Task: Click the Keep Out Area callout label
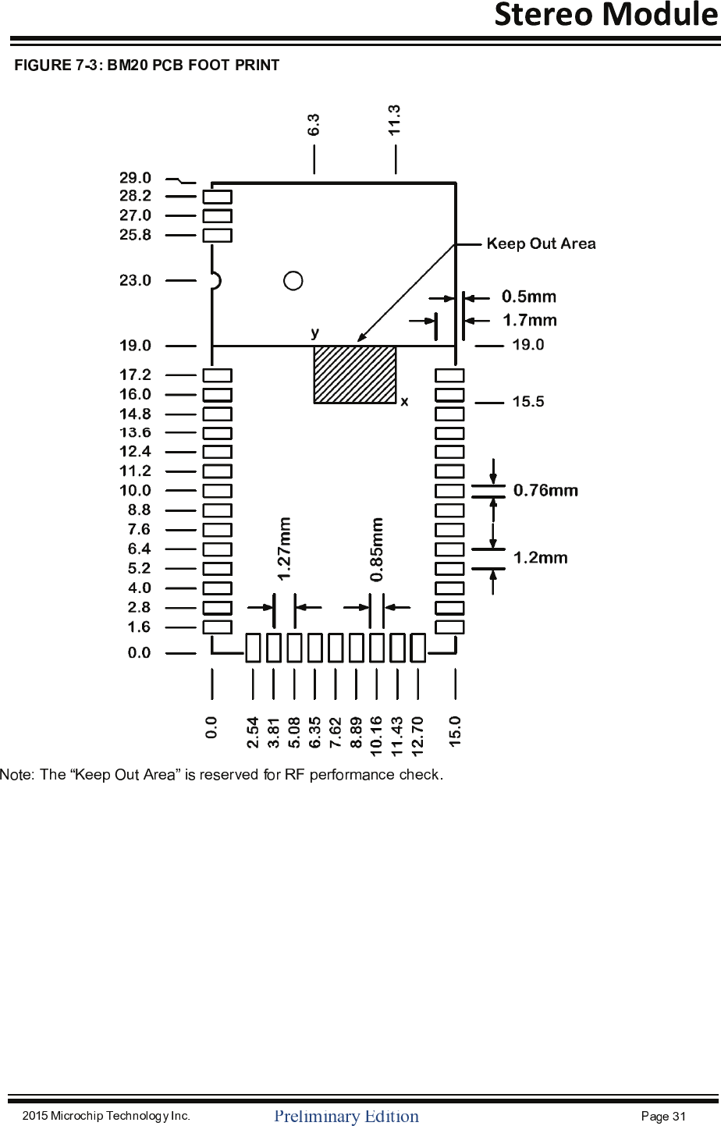tap(541, 243)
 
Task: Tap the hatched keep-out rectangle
tap(354, 375)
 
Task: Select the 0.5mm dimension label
tap(529, 297)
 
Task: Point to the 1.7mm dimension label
tap(530, 320)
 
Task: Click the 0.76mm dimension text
tap(545, 490)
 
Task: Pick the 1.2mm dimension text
tap(540, 558)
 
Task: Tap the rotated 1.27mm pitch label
tap(285, 548)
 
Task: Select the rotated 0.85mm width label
tap(377, 549)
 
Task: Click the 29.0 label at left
tap(135, 178)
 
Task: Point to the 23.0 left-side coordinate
tap(135, 280)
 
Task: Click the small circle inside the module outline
tap(293, 280)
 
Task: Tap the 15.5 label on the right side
tap(528, 402)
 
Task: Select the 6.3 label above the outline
tap(313, 125)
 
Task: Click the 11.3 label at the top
tap(395, 120)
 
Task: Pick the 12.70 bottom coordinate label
tap(417, 737)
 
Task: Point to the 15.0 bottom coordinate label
tap(455, 732)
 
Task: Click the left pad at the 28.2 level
tap(217, 197)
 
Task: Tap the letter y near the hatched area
tap(314, 332)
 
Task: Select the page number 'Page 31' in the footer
tap(662, 1116)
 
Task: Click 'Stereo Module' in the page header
tap(606, 15)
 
